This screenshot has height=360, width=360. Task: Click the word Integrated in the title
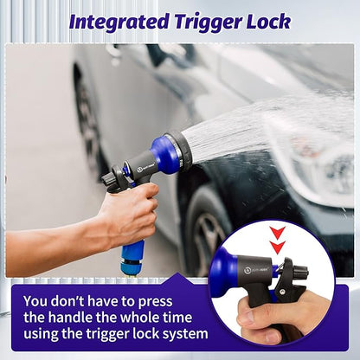[x=119, y=22]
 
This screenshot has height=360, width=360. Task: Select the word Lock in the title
[x=268, y=22]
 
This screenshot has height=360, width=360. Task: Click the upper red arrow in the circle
[x=278, y=233]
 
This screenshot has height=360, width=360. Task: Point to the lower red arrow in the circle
[x=278, y=247]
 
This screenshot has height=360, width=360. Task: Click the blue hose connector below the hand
[x=132, y=258]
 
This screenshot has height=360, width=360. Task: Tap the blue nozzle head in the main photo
[x=164, y=155]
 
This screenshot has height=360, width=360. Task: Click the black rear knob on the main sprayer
[x=107, y=177]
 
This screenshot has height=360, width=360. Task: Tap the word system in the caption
[x=187, y=334]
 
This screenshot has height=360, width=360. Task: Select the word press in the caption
[x=155, y=302]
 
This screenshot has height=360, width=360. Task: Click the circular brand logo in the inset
[x=247, y=271]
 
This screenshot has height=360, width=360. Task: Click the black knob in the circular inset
[x=302, y=272]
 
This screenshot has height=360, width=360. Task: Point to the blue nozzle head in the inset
[x=224, y=272]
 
